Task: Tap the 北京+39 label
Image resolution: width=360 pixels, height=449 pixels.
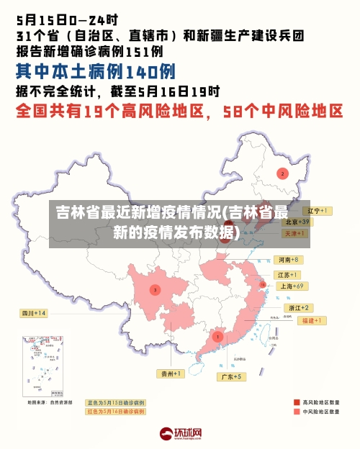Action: point(296,222)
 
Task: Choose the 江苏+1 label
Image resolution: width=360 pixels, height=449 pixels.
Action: point(288,275)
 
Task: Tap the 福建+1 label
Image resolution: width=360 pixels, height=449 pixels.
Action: point(313,320)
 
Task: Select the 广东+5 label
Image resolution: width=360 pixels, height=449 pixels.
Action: point(232,376)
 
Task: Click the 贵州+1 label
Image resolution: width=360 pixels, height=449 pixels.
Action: point(171,373)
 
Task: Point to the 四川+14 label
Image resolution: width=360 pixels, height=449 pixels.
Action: point(33,313)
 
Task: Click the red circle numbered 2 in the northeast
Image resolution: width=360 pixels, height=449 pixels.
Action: point(282,173)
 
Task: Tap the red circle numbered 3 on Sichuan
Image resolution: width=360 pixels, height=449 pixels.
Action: point(155,290)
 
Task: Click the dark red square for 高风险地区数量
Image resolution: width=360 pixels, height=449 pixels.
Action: point(297,402)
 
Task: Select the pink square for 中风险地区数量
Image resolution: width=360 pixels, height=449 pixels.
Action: point(297,412)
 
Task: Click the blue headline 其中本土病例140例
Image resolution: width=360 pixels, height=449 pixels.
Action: point(96,71)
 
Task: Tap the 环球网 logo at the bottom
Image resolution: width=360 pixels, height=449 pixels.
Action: point(180,434)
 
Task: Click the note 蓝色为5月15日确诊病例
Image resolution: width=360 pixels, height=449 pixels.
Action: point(115,402)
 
